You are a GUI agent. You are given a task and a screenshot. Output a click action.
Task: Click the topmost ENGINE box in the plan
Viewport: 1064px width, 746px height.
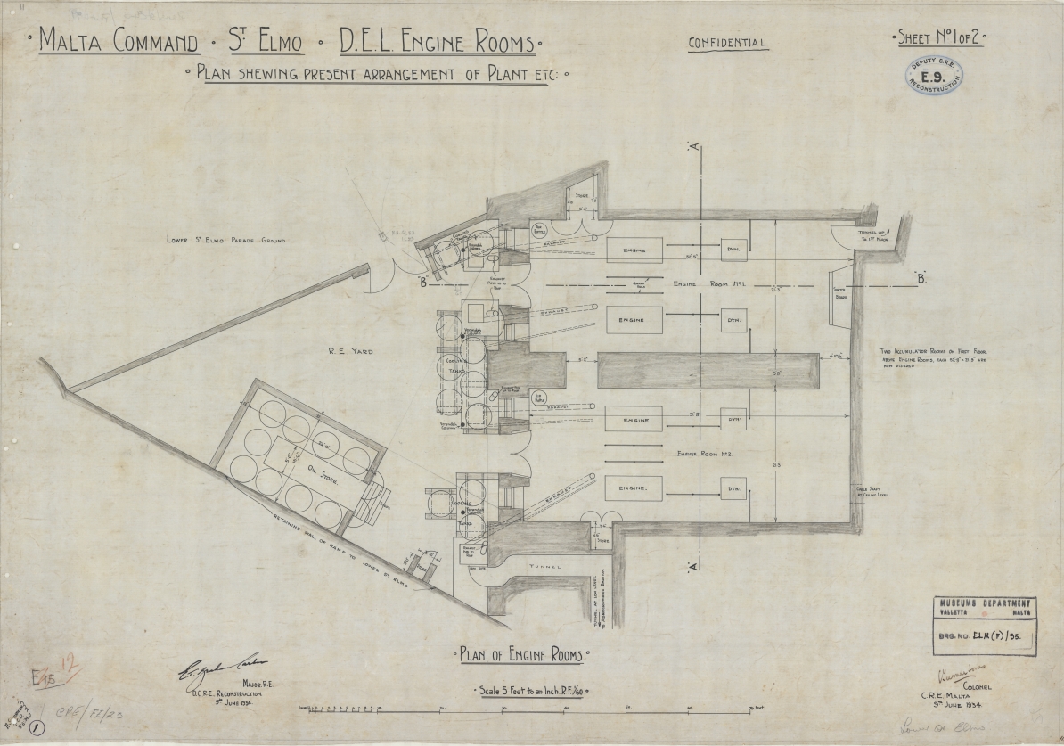coord(635,251)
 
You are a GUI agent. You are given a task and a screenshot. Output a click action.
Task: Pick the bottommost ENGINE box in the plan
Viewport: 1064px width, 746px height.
coord(635,488)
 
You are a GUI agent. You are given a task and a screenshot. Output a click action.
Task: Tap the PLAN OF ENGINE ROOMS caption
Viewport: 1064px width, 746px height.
coord(521,656)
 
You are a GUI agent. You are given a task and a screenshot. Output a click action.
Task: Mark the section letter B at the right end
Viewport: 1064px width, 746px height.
coord(919,279)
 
